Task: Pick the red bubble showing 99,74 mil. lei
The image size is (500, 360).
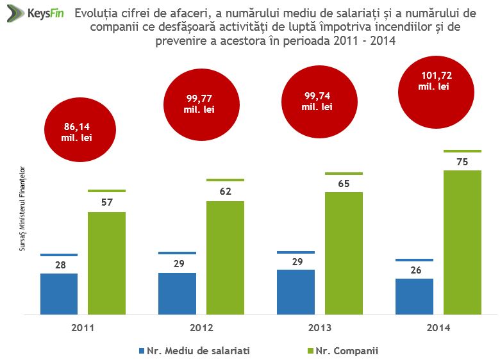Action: [x=317, y=102]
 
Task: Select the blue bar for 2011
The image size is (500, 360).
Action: [x=59, y=294]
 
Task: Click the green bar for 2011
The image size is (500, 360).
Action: [x=106, y=263]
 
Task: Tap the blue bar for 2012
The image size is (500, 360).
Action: [x=178, y=293]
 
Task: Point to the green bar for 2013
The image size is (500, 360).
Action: [x=344, y=253]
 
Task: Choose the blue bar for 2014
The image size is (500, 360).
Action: [x=415, y=297]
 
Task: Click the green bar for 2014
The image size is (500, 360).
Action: [x=463, y=242]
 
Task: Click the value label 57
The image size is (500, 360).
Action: [x=106, y=203]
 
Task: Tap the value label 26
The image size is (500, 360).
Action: [x=415, y=270]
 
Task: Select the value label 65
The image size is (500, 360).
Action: [x=344, y=184]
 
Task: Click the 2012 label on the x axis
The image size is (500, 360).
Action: [x=201, y=328]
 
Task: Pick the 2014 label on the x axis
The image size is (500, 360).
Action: [x=438, y=328]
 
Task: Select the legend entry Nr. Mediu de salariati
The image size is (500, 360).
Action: [x=194, y=350]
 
